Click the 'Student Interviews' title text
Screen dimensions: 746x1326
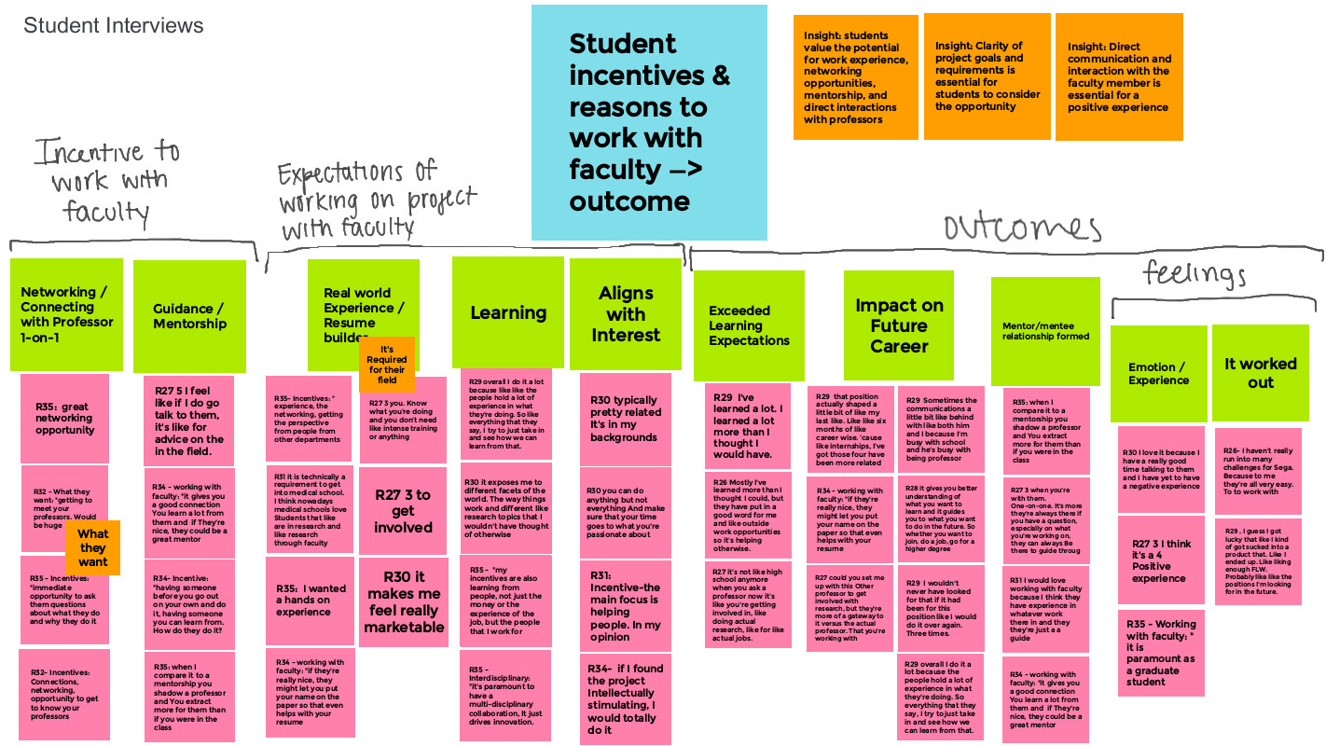[113, 26]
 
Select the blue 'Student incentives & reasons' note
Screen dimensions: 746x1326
[649, 122]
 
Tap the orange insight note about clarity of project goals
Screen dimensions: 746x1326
[987, 76]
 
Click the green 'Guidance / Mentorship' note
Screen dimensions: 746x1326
[189, 315]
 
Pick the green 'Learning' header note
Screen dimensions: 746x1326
[507, 313]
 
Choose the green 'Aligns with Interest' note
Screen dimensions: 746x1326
[625, 313]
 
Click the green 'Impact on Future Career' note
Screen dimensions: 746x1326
[898, 325]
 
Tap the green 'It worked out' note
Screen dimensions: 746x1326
[1260, 371]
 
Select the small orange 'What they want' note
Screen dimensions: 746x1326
[92, 547]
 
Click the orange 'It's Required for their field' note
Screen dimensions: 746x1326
[386, 365]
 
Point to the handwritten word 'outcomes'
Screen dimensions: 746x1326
[1022, 228]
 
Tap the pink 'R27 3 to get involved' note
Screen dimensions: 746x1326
[403, 511]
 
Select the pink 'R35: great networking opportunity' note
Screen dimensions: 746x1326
[64, 419]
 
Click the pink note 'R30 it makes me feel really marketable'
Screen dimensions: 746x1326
[403, 602]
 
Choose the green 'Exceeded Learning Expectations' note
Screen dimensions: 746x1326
[748, 325]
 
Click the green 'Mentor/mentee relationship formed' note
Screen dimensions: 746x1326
[1044, 330]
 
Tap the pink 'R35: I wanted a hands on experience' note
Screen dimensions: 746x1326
[310, 600]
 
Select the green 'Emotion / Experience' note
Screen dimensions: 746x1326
[1158, 373]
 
